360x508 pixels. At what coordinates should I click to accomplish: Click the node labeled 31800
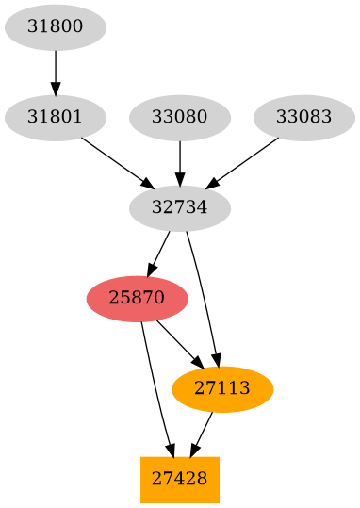[x=55, y=27]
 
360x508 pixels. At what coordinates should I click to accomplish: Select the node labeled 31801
[x=55, y=118]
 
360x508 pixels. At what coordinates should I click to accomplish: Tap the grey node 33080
[x=179, y=118]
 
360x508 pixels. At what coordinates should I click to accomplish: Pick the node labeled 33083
[x=303, y=118]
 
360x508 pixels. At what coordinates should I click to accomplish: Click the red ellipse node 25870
[x=137, y=299]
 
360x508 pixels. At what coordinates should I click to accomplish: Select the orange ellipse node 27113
[x=222, y=389]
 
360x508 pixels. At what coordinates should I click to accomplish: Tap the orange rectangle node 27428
[x=179, y=480]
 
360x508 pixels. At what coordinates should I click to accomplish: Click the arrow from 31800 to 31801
[x=55, y=72]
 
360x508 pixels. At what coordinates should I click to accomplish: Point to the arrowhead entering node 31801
[x=55, y=90]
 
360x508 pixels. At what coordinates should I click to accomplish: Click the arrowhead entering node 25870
[x=153, y=268]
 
